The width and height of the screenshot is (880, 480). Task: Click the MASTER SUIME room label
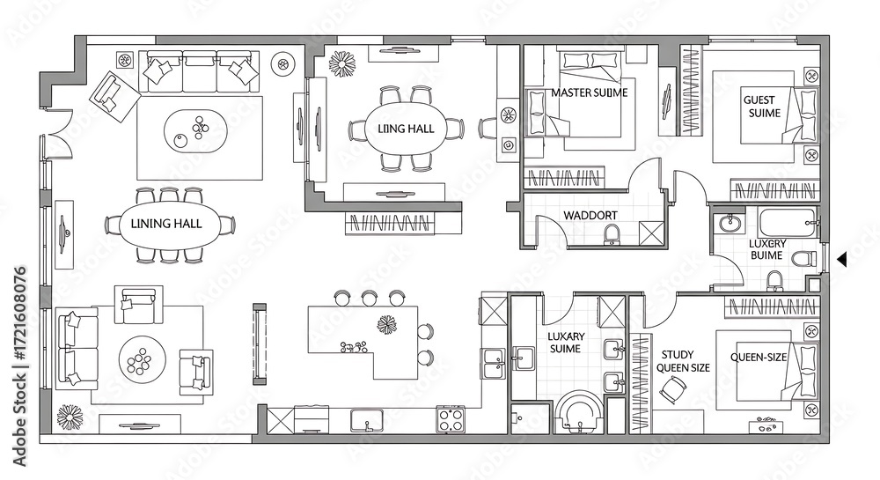coord(590,92)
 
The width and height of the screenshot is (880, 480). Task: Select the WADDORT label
coord(590,215)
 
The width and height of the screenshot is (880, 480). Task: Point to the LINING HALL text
coord(166,224)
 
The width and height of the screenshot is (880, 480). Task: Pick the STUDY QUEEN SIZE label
coord(683,362)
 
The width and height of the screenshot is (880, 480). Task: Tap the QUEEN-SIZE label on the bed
coord(759,357)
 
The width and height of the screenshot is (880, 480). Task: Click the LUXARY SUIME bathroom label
coord(566,343)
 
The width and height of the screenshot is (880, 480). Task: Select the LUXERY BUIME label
coord(767,249)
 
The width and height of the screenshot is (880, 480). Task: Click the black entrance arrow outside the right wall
coord(841,259)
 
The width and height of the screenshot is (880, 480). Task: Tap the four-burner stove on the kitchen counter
coord(451,419)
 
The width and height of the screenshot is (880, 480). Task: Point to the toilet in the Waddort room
coord(612,235)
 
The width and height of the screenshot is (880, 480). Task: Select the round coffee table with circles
coord(142,359)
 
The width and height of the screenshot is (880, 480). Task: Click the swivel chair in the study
coord(671,388)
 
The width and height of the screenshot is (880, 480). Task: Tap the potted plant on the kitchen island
coord(386,324)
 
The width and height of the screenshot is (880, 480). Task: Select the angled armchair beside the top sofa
coord(114,95)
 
